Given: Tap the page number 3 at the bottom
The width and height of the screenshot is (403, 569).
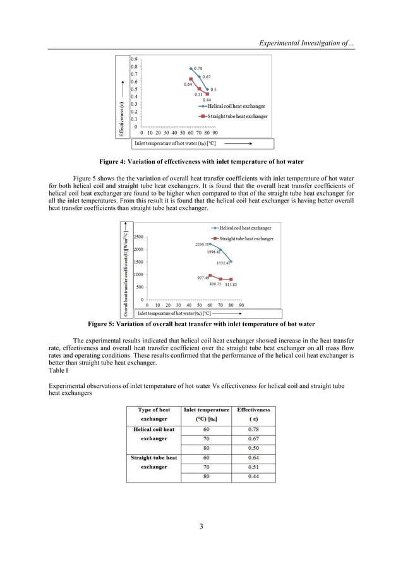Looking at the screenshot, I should click(201, 526).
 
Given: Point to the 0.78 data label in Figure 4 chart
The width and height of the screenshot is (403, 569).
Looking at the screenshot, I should click(198, 68).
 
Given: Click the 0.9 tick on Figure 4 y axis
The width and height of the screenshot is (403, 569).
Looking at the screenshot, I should click(134, 59).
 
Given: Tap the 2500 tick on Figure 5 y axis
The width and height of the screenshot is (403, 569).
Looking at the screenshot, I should click(138, 237).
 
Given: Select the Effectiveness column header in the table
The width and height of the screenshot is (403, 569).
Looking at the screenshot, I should click(253, 414).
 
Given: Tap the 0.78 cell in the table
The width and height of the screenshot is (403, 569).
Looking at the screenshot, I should click(253, 430).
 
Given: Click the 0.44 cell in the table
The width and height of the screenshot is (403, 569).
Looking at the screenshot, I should click(253, 476).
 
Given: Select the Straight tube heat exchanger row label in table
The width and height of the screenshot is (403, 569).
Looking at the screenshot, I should click(153, 462).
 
